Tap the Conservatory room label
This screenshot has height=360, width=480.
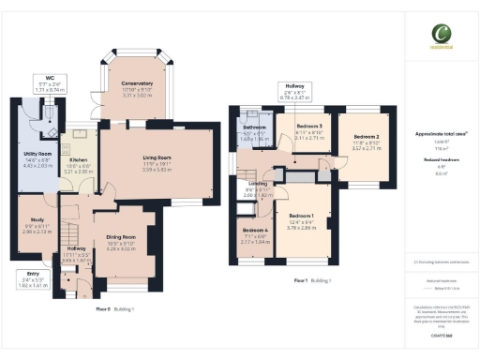tap(137, 83)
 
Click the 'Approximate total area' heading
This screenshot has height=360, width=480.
tap(441, 134)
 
